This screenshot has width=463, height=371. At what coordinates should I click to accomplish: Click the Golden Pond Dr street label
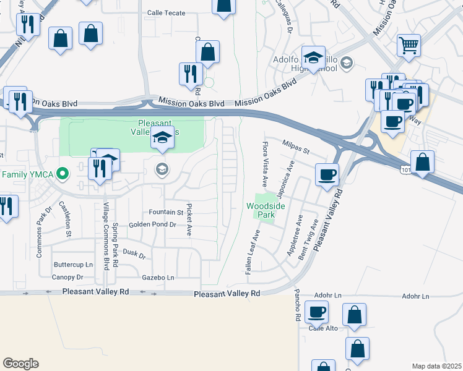point(152,225)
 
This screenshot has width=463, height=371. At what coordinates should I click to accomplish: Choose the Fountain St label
point(163,212)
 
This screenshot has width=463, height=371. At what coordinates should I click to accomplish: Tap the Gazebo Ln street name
point(158,278)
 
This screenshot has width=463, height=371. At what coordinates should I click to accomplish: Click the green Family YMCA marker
point(62,174)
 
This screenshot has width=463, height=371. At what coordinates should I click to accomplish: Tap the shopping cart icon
point(408,45)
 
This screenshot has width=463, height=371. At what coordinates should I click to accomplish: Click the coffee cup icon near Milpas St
point(327,174)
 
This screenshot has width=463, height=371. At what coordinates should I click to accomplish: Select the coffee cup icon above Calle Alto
point(318,313)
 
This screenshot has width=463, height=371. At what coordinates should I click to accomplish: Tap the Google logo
point(20,364)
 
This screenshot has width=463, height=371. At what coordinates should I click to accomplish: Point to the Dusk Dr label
point(134,254)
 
